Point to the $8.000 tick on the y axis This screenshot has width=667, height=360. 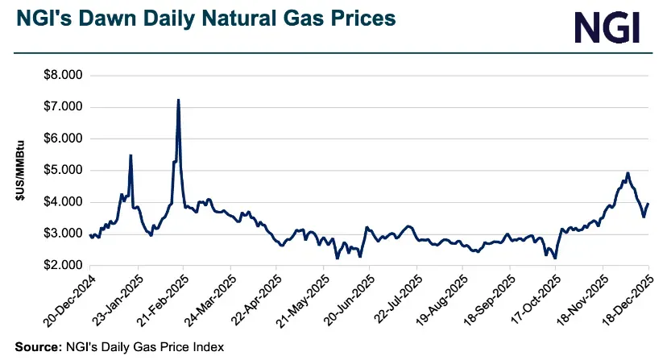tap(64, 76)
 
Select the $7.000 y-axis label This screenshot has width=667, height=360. tap(64, 107)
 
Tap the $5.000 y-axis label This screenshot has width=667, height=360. tap(64, 171)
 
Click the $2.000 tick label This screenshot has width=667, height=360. tap(64, 266)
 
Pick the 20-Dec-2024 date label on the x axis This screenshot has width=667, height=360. tap(68, 302)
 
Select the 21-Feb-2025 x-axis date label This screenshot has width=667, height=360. tap(161, 302)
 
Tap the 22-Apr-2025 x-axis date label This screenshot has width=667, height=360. tap(255, 302)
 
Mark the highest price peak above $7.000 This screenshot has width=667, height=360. tap(178, 100)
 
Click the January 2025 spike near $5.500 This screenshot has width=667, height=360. tap(130, 155)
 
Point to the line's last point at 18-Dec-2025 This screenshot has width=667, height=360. tap(648, 204)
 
